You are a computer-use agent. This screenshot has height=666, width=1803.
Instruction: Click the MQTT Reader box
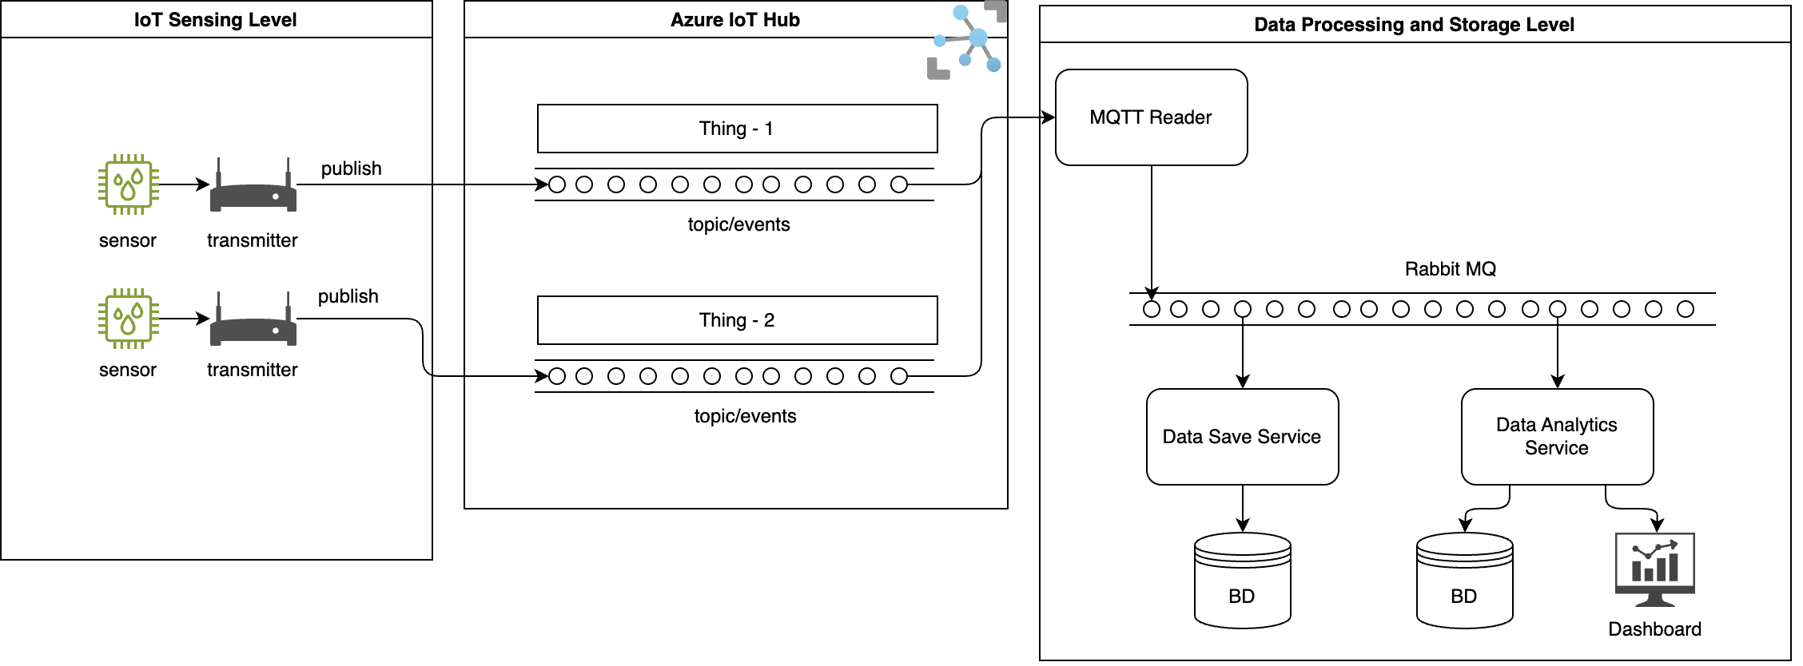(1151, 117)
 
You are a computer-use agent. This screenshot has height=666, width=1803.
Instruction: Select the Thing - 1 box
(737, 129)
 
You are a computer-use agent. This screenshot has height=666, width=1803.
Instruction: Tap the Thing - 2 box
(737, 320)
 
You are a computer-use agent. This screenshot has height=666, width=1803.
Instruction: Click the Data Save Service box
(1242, 437)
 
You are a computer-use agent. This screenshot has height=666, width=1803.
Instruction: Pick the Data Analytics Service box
(1557, 437)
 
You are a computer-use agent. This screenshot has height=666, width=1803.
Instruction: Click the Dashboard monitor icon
(1654, 569)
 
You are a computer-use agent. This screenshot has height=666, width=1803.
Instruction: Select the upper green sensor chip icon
(128, 184)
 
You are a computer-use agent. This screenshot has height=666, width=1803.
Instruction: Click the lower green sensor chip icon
(128, 319)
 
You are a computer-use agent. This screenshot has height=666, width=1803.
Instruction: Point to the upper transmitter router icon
(253, 189)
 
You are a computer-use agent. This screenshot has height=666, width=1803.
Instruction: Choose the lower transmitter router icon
(253, 323)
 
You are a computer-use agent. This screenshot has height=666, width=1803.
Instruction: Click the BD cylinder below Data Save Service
(1242, 581)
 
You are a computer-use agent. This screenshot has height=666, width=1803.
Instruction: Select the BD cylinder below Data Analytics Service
(1464, 581)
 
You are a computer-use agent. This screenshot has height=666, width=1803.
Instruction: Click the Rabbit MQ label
(1450, 269)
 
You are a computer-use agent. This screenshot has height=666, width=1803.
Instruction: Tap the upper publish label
(351, 168)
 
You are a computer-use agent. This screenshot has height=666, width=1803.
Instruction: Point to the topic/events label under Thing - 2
(745, 416)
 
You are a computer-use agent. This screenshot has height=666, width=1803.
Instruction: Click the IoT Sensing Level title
(216, 20)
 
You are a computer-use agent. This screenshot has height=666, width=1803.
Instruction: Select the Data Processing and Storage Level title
(1414, 25)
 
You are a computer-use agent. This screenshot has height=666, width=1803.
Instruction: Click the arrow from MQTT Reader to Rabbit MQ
(1151, 232)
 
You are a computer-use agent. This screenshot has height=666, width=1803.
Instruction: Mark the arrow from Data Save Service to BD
(1242, 509)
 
